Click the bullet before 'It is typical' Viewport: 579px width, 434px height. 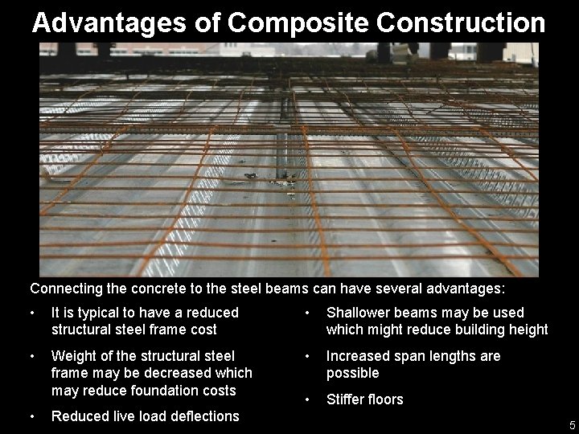tap(31, 313)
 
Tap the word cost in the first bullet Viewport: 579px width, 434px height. tap(203, 330)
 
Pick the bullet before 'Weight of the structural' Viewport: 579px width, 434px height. tap(31, 356)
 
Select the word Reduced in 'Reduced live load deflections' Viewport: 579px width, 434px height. tap(77, 416)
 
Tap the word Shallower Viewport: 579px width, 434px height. tap(359, 313)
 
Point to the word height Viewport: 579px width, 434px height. tap(528, 330)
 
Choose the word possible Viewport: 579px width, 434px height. tap(352, 373)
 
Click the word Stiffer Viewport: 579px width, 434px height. tap(347, 399)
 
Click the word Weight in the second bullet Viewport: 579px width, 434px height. tap(72, 356)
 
